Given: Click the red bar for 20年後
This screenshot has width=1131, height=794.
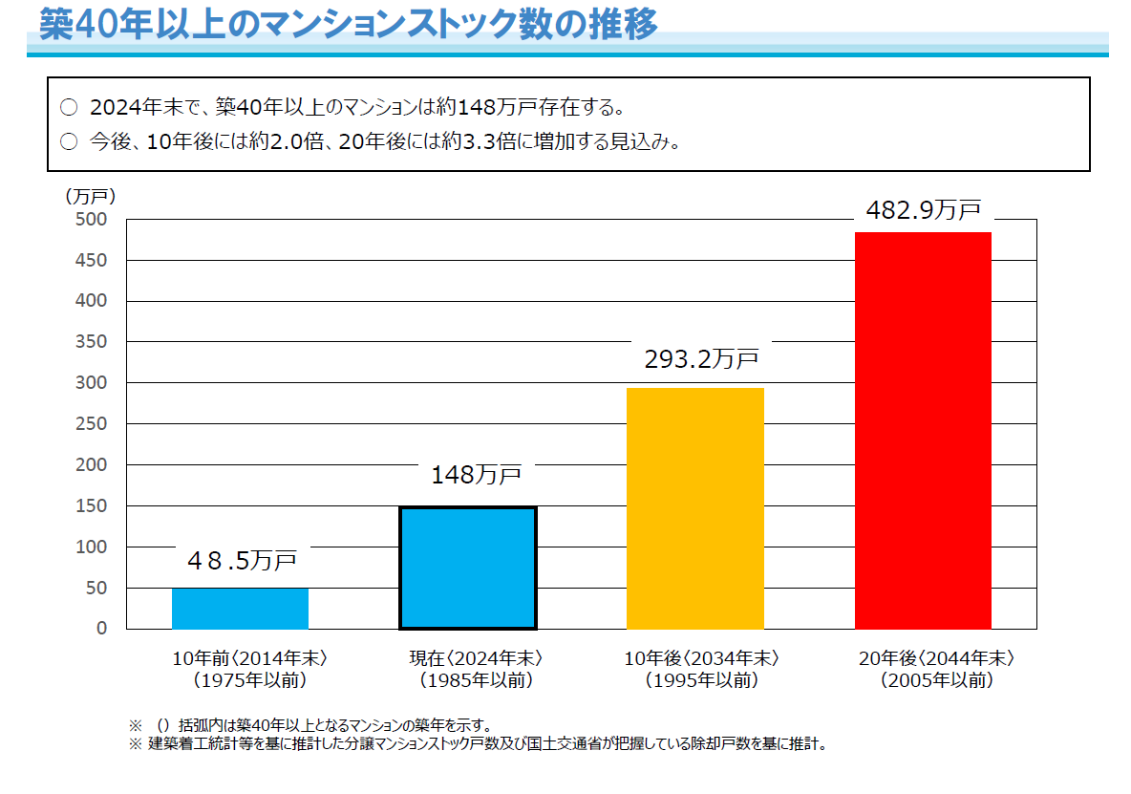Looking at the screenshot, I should click(923, 430).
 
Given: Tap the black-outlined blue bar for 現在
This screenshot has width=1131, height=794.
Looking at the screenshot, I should click(468, 568).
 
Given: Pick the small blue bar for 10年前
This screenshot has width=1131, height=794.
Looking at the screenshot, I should click(240, 609).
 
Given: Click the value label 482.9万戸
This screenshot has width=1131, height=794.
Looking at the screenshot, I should click(923, 210).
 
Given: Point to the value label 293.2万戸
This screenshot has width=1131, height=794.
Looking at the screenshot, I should click(700, 359).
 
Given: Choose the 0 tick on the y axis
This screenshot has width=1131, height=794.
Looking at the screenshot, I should click(101, 629).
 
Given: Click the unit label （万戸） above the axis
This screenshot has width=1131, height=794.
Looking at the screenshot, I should click(90, 196).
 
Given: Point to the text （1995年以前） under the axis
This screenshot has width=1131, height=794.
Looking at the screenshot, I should click(701, 681).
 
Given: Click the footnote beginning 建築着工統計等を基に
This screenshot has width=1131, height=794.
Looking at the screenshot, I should click(486, 743).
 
